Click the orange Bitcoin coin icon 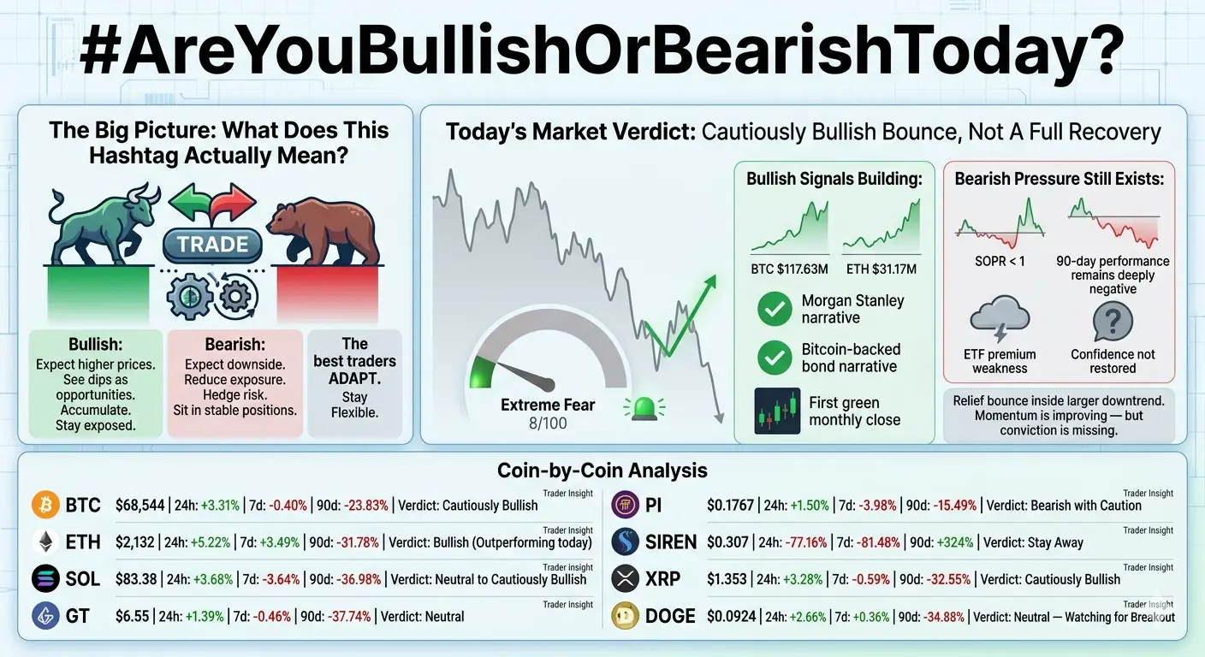[x=45, y=506]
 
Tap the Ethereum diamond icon [x=45, y=542]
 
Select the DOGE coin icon [x=625, y=616]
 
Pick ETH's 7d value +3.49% [x=279, y=542]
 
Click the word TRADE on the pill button [x=212, y=245]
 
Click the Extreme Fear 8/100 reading [x=548, y=413]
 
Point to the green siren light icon [x=644, y=408]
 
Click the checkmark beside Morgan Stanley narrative [x=775, y=309]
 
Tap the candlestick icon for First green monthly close [x=777, y=411]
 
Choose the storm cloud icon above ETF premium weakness [x=1000, y=318]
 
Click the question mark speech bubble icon [x=1113, y=321]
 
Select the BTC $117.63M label [x=789, y=269]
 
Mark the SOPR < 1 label [x=1000, y=261]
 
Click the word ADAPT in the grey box [x=354, y=378]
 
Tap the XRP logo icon [x=625, y=579]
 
